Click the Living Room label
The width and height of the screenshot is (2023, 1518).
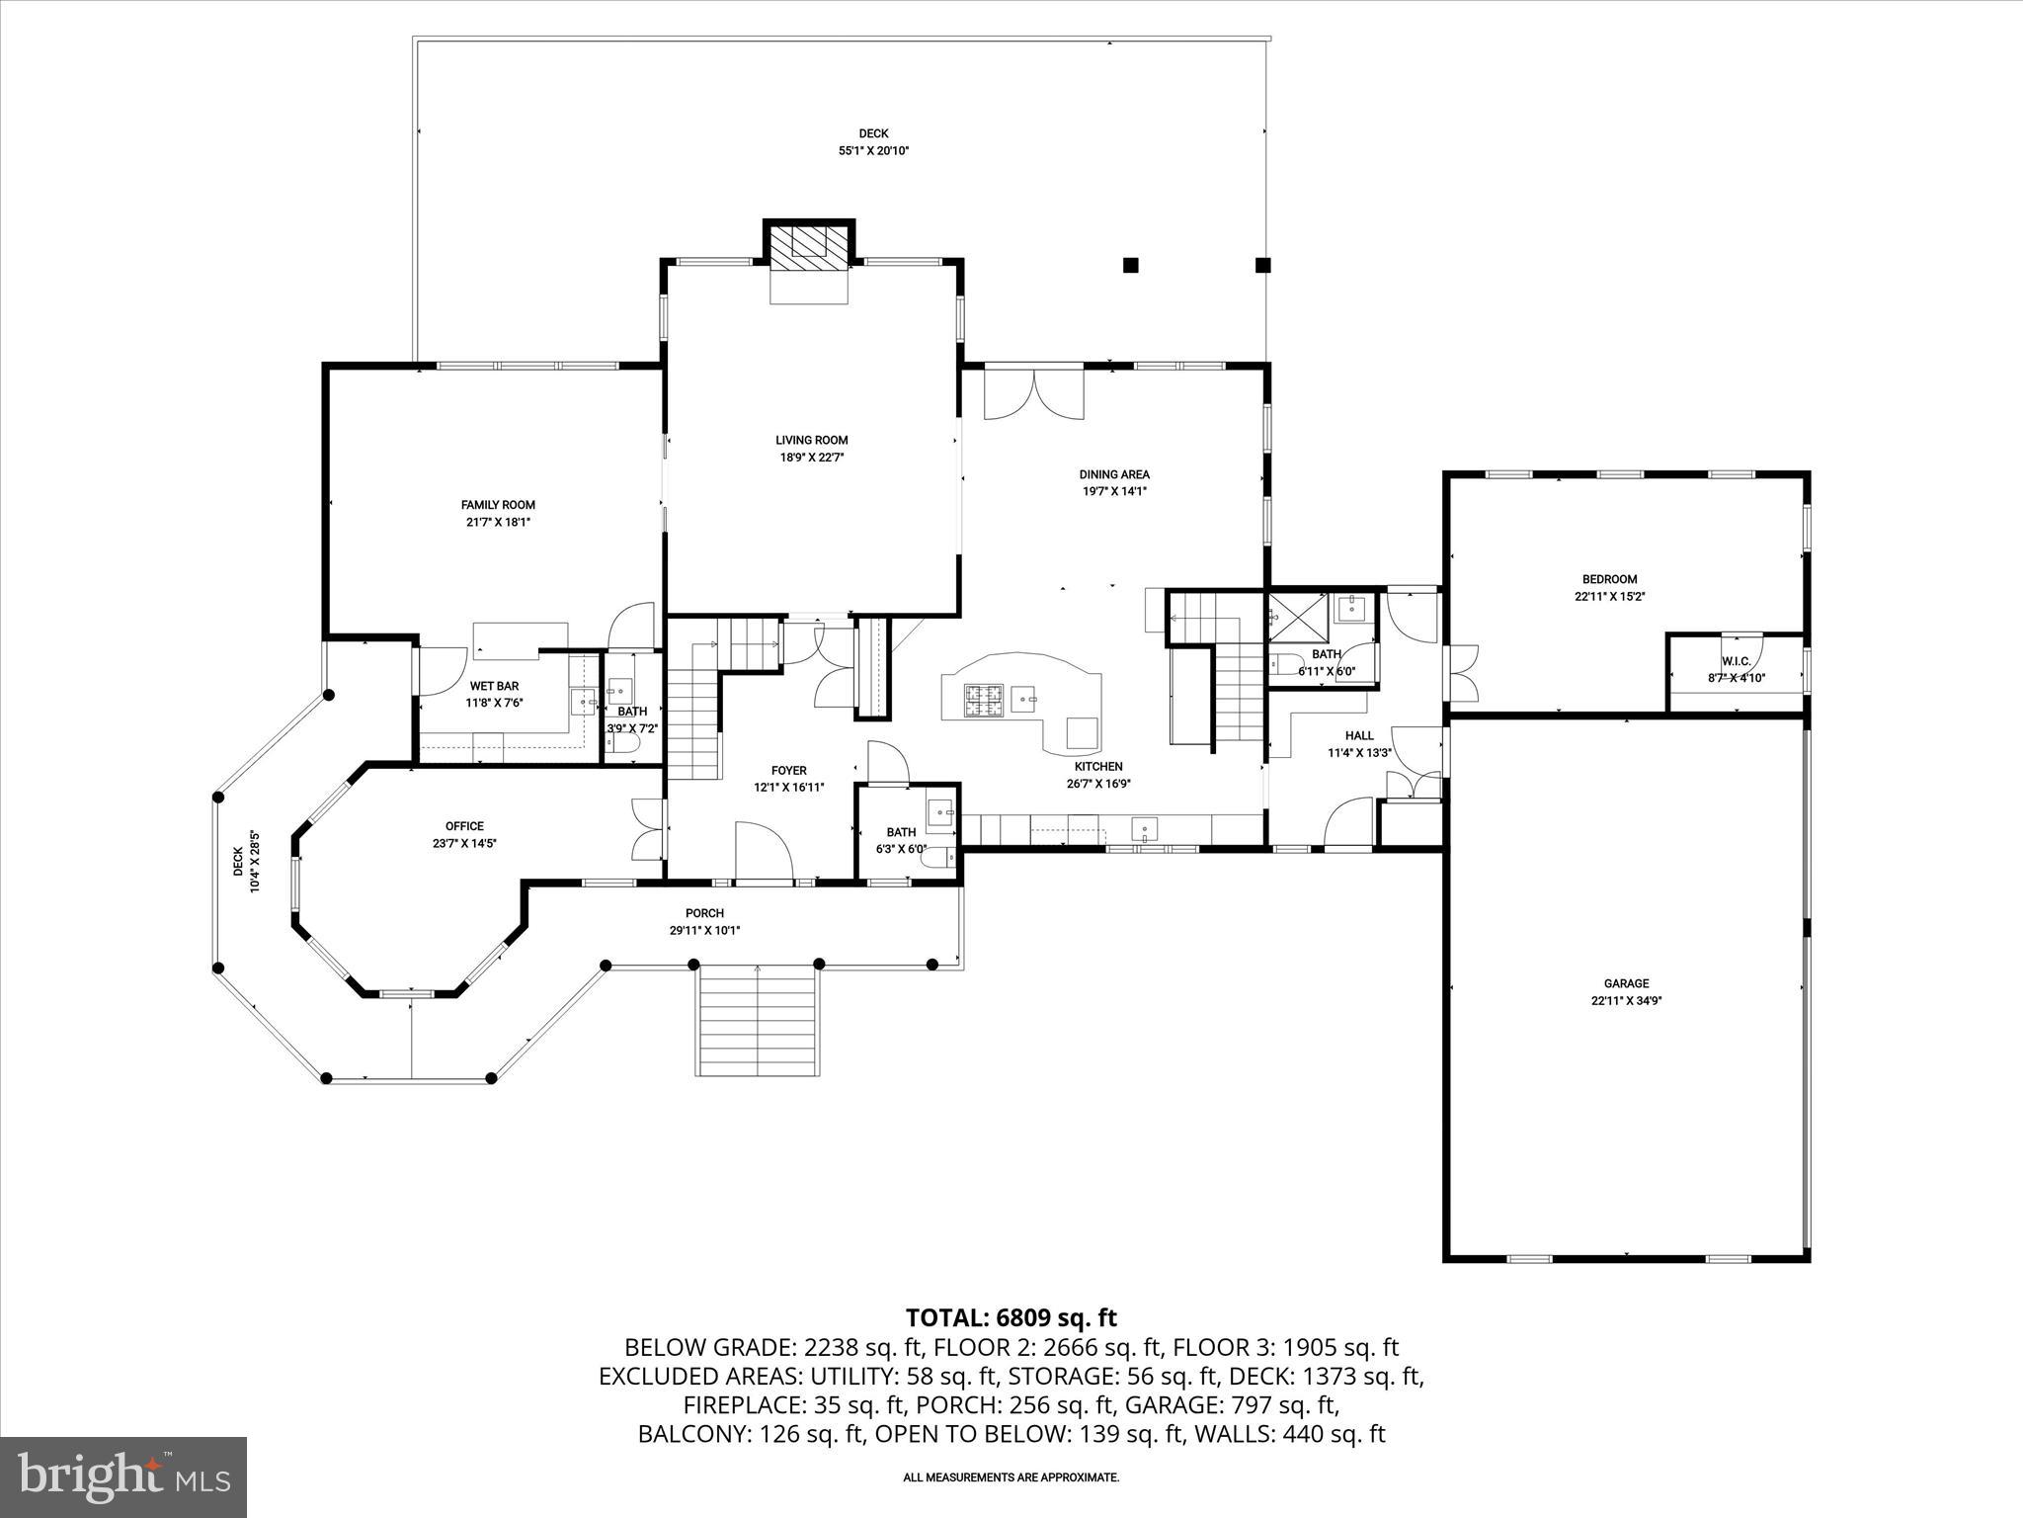[811, 440]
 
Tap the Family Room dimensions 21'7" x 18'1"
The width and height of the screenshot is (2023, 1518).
[498, 522]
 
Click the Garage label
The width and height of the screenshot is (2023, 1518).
[1626, 983]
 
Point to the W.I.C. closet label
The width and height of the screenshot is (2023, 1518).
[1736, 661]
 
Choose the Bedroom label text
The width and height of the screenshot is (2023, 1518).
[1609, 579]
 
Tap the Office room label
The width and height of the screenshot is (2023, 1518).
[464, 826]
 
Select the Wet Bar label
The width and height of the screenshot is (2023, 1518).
[494, 686]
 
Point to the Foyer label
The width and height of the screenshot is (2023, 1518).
[788, 771]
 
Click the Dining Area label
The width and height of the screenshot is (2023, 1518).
[1114, 474]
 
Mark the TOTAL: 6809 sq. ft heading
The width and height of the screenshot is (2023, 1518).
[1011, 1317]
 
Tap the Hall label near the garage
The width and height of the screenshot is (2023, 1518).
[1359, 735]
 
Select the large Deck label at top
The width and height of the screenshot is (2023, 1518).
[873, 133]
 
